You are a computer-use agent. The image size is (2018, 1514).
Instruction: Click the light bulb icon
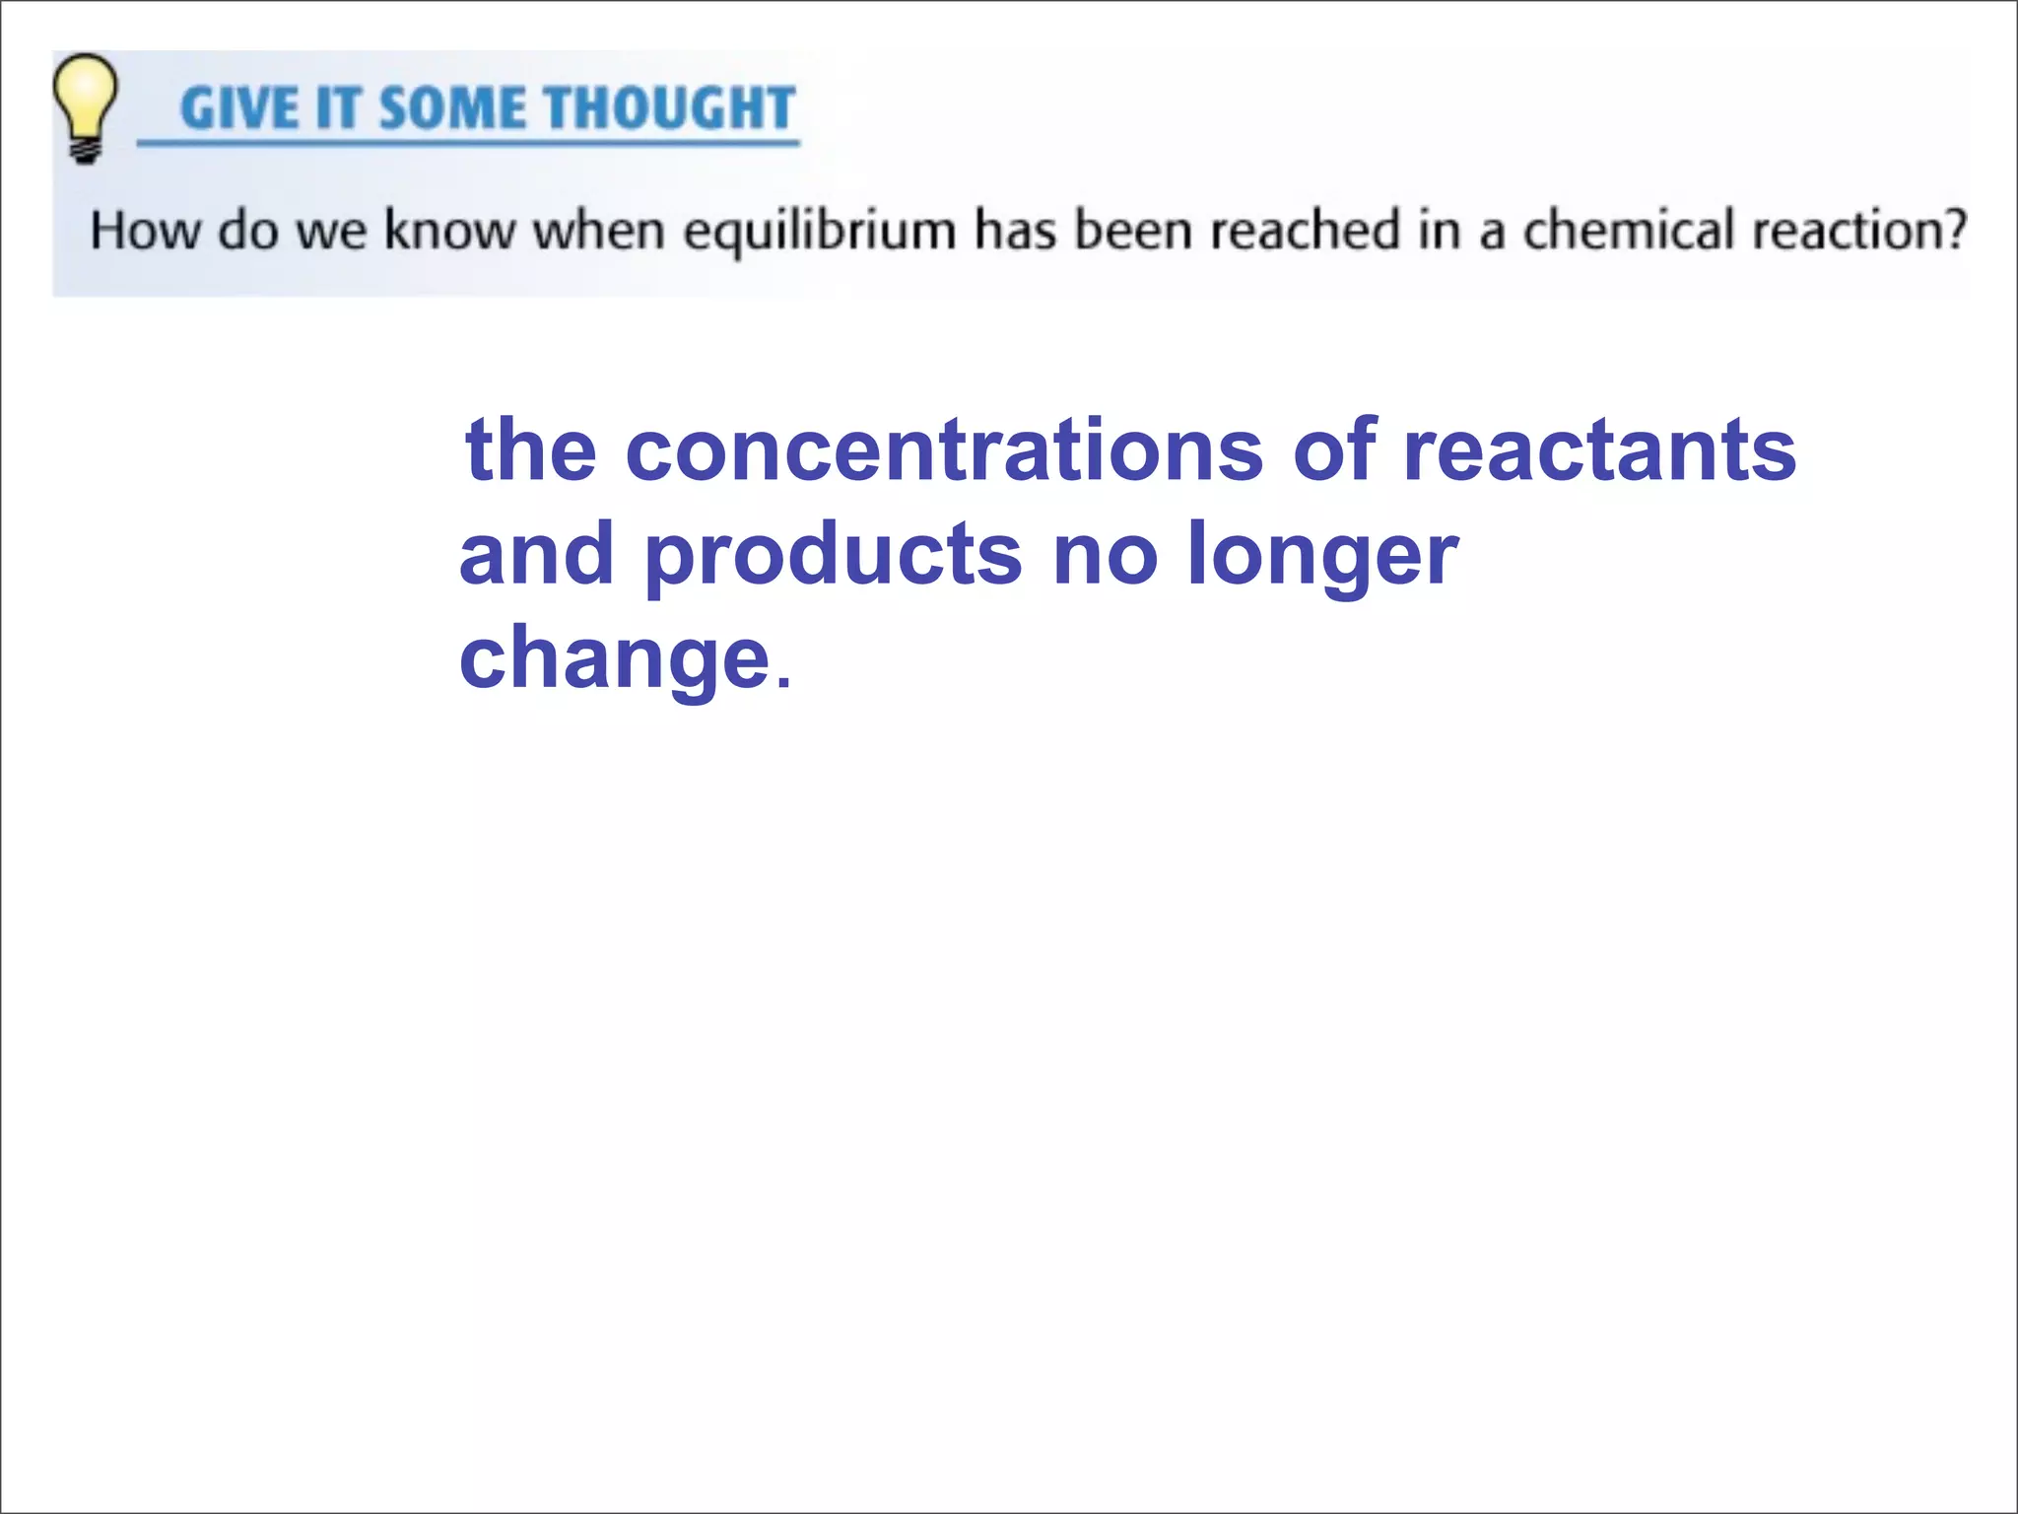point(85,99)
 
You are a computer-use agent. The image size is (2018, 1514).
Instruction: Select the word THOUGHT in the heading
point(669,108)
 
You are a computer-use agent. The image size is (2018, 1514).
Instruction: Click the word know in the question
point(449,231)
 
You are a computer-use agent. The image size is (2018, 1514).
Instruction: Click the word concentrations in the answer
point(944,451)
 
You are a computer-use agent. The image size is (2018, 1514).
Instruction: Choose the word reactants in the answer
point(1599,451)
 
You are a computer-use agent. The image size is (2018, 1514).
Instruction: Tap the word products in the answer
point(834,556)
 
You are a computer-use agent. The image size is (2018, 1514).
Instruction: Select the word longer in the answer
point(1322,556)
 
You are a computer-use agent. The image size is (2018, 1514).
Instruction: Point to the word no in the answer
point(1105,556)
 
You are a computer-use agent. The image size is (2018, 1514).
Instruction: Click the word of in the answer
point(1334,451)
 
